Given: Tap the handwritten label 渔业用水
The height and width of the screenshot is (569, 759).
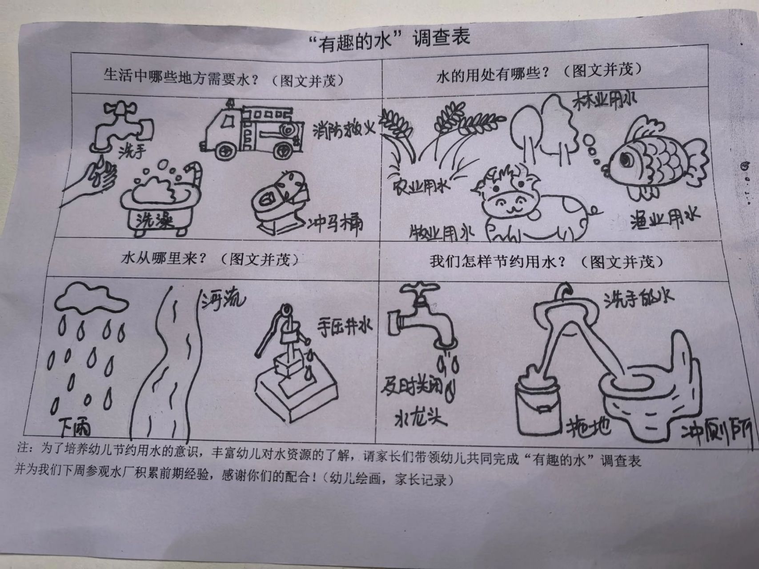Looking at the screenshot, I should tap(664, 217).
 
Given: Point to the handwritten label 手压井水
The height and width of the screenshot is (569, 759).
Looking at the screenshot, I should tap(344, 328).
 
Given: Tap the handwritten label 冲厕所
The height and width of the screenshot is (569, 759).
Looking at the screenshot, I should tap(716, 432).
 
